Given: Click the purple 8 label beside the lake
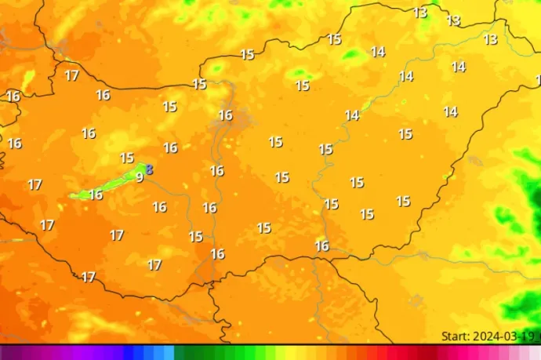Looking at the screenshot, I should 149,169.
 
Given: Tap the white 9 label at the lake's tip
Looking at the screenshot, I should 140,177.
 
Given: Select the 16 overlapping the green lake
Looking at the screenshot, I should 95,195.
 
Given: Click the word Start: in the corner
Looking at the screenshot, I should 456,336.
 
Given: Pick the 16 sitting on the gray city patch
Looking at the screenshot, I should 225,115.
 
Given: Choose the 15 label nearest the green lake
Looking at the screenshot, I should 126,158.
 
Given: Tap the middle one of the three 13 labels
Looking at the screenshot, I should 453,20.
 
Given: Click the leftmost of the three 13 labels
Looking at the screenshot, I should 420,13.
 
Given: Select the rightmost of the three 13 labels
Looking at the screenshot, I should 491,39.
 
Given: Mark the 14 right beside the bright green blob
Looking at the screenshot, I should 378,52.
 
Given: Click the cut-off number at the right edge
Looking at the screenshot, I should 538,79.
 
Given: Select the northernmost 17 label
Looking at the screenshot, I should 71,75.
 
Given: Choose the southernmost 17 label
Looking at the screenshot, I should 89,277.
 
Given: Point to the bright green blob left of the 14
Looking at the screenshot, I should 352,54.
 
